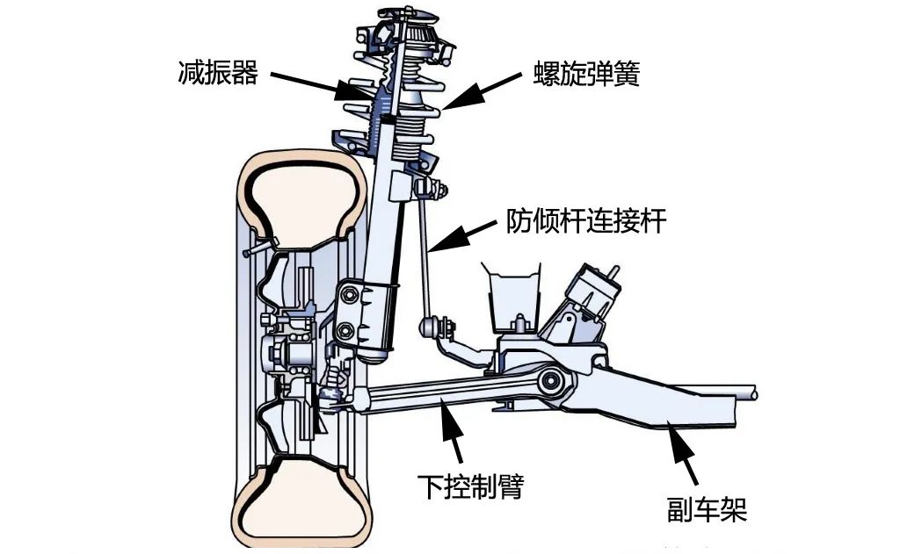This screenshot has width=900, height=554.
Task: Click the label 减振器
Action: pos(217,73)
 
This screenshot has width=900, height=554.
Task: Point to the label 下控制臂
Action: pos(469,485)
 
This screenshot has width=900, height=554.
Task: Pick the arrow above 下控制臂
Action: pos(454,435)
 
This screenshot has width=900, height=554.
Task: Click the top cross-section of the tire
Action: pos(303,190)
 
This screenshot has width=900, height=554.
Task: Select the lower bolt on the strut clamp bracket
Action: pos(346,331)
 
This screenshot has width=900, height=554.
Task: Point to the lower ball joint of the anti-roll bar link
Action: pos(437,327)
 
